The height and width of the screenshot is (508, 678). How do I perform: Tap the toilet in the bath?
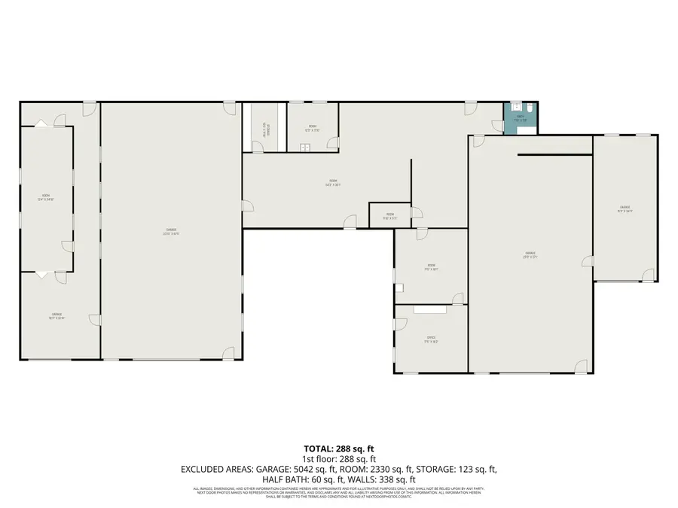pos(530,109)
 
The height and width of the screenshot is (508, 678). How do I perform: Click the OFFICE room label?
pos(431,340)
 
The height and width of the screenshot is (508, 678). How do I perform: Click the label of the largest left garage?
pos(171,232)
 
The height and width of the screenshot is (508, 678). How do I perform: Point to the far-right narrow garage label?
pos(625,209)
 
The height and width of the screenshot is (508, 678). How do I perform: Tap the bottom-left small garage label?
pos(57,316)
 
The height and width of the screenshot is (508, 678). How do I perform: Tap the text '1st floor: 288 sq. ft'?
pos(339,459)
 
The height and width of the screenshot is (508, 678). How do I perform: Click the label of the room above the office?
pos(431,266)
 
